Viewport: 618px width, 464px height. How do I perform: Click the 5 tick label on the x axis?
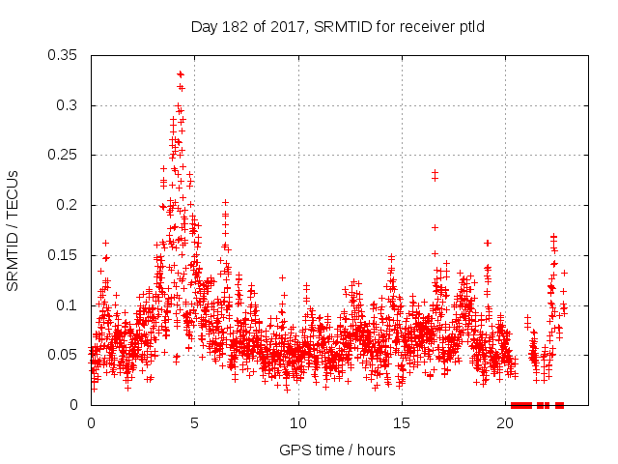coord(194,422)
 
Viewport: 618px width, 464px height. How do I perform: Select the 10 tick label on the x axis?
coord(298,422)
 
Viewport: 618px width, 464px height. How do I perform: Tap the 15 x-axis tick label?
coord(402,422)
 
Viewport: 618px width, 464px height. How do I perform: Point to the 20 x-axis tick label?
coord(506,422)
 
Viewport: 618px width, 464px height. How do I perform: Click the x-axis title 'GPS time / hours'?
coord(337,449)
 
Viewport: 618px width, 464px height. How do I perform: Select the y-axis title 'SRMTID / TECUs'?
coord(14,230)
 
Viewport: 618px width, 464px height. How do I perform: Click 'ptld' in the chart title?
coord(469,26)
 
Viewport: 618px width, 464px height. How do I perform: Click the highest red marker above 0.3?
coord(180,74)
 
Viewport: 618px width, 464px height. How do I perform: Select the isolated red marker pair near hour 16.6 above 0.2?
coord(435,175)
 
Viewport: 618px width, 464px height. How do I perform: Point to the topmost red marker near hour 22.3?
coord(553,237)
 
